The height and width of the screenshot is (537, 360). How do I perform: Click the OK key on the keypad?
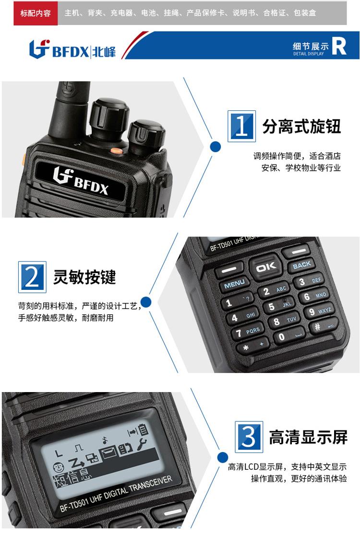[266, 266]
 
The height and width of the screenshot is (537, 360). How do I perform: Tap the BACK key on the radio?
[301, 264]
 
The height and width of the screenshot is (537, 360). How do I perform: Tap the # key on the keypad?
[323, 326]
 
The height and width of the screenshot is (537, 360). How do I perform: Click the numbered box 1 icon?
[241, 126]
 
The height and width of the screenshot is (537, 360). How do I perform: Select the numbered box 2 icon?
[32, 277]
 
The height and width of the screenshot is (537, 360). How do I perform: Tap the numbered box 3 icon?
[249, 437]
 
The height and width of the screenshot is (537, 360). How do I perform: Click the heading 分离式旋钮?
[301, 126]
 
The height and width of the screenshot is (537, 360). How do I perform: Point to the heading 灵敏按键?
[84, 277]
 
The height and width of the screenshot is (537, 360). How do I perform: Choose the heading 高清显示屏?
[308, 437]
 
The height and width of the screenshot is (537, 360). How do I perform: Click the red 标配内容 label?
[36, 13]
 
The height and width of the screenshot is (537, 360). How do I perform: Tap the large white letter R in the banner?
[339, 46]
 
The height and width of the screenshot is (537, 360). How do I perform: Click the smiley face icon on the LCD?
[59, 467]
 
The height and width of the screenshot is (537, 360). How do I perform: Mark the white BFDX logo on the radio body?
[81, 180]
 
